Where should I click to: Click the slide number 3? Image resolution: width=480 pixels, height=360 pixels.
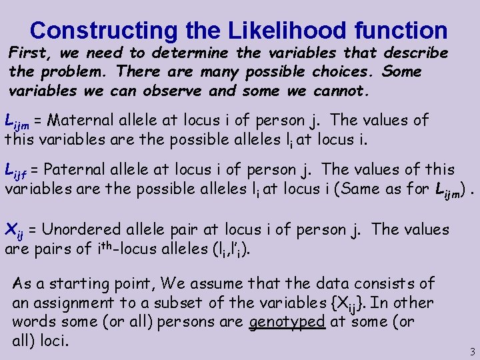point(472,351)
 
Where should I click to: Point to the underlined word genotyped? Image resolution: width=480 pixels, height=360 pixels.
point(287,322)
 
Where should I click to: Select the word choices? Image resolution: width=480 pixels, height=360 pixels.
point(333,71)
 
